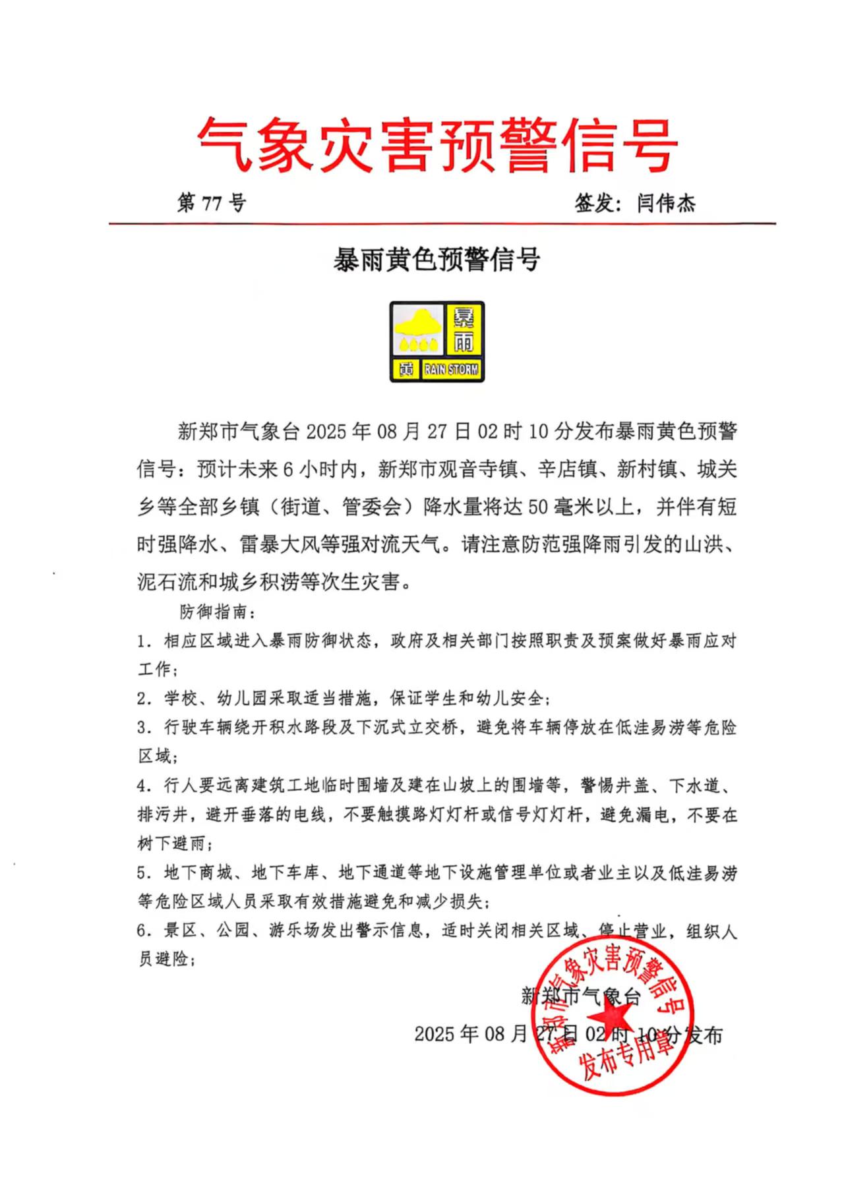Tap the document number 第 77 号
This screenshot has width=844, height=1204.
pyautogui.click(x=211, y=202)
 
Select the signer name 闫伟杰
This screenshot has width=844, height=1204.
pyautogui.click(x=666, y=203)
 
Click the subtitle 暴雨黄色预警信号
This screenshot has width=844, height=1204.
pyautogui.click(x=437, y=260)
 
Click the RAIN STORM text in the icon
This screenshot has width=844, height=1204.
pyautogui.click(x=451, y=369)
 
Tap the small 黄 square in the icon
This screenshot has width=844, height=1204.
pyautogui.click(x=406, y=369)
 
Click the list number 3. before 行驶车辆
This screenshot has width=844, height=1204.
pyautogui.click(x=144, y=728)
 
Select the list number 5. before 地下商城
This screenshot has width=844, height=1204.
pyautogui.click(x=144, y=873)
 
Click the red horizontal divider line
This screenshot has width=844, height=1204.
pyautogui.click(x=442, y=224)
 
